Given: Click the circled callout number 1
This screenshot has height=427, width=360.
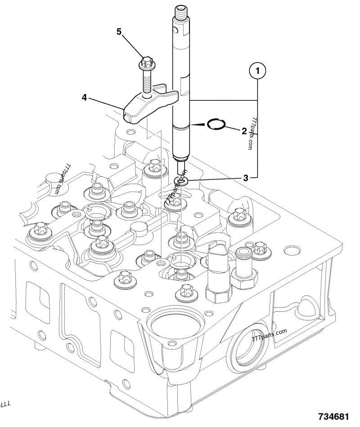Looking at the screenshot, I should [x=258, y=70].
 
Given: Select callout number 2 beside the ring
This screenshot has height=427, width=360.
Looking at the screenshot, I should [x=244, y=131].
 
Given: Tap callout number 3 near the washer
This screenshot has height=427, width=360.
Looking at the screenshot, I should [x=245, y=178].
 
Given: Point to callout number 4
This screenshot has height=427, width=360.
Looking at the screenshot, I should [x=84, y=97].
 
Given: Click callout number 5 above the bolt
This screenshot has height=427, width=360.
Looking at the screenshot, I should [x=119, y=31].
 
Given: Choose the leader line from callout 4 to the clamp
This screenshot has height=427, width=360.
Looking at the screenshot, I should [x=105, y=102].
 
